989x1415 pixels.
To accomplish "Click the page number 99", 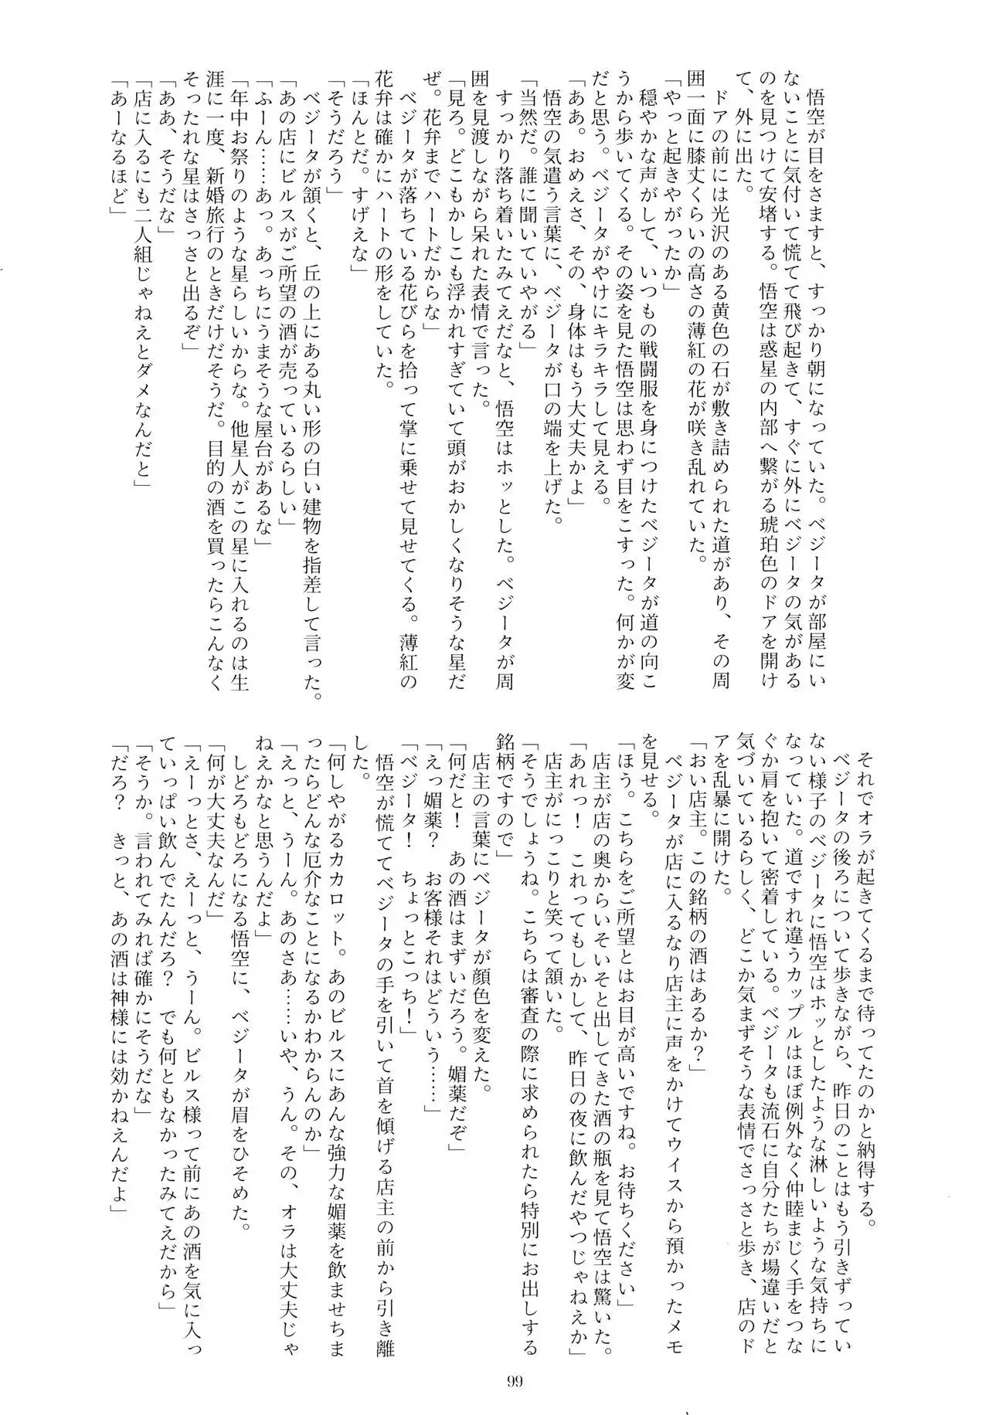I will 517,1356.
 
